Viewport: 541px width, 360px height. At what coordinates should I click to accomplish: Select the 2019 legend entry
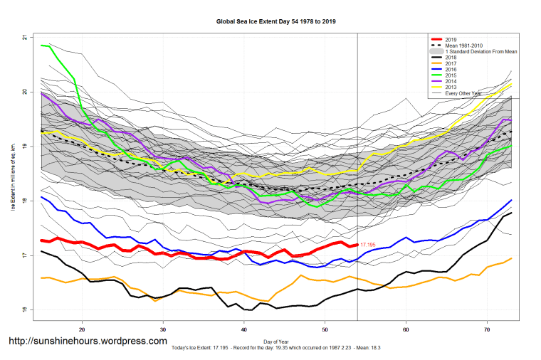[x=451, y=39]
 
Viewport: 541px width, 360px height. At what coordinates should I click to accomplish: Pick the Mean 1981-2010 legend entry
[x=465, y=46]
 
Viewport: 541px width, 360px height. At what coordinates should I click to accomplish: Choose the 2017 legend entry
[x=451, y=64]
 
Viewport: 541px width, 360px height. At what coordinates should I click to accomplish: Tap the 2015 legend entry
[x=451, y=76]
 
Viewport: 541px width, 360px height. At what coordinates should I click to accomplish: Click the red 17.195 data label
[x=368, y=245]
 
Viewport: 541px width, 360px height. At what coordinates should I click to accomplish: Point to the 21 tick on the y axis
[x=26, y=37]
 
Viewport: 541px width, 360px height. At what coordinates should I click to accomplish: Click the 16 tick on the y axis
[x=26, y=310]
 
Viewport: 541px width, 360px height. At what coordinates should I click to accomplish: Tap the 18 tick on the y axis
[x=26, y=201]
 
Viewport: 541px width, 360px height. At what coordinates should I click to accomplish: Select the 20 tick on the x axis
[x=83, y=330]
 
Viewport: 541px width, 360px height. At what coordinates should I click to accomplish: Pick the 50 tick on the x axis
[x=325, y=330]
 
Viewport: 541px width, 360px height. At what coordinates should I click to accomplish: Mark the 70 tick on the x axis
[x=486, y=330]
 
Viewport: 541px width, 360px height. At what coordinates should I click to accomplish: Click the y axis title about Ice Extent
[x=12, y=174]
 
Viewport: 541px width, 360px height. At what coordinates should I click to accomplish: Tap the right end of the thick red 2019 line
[x=357, y=245]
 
